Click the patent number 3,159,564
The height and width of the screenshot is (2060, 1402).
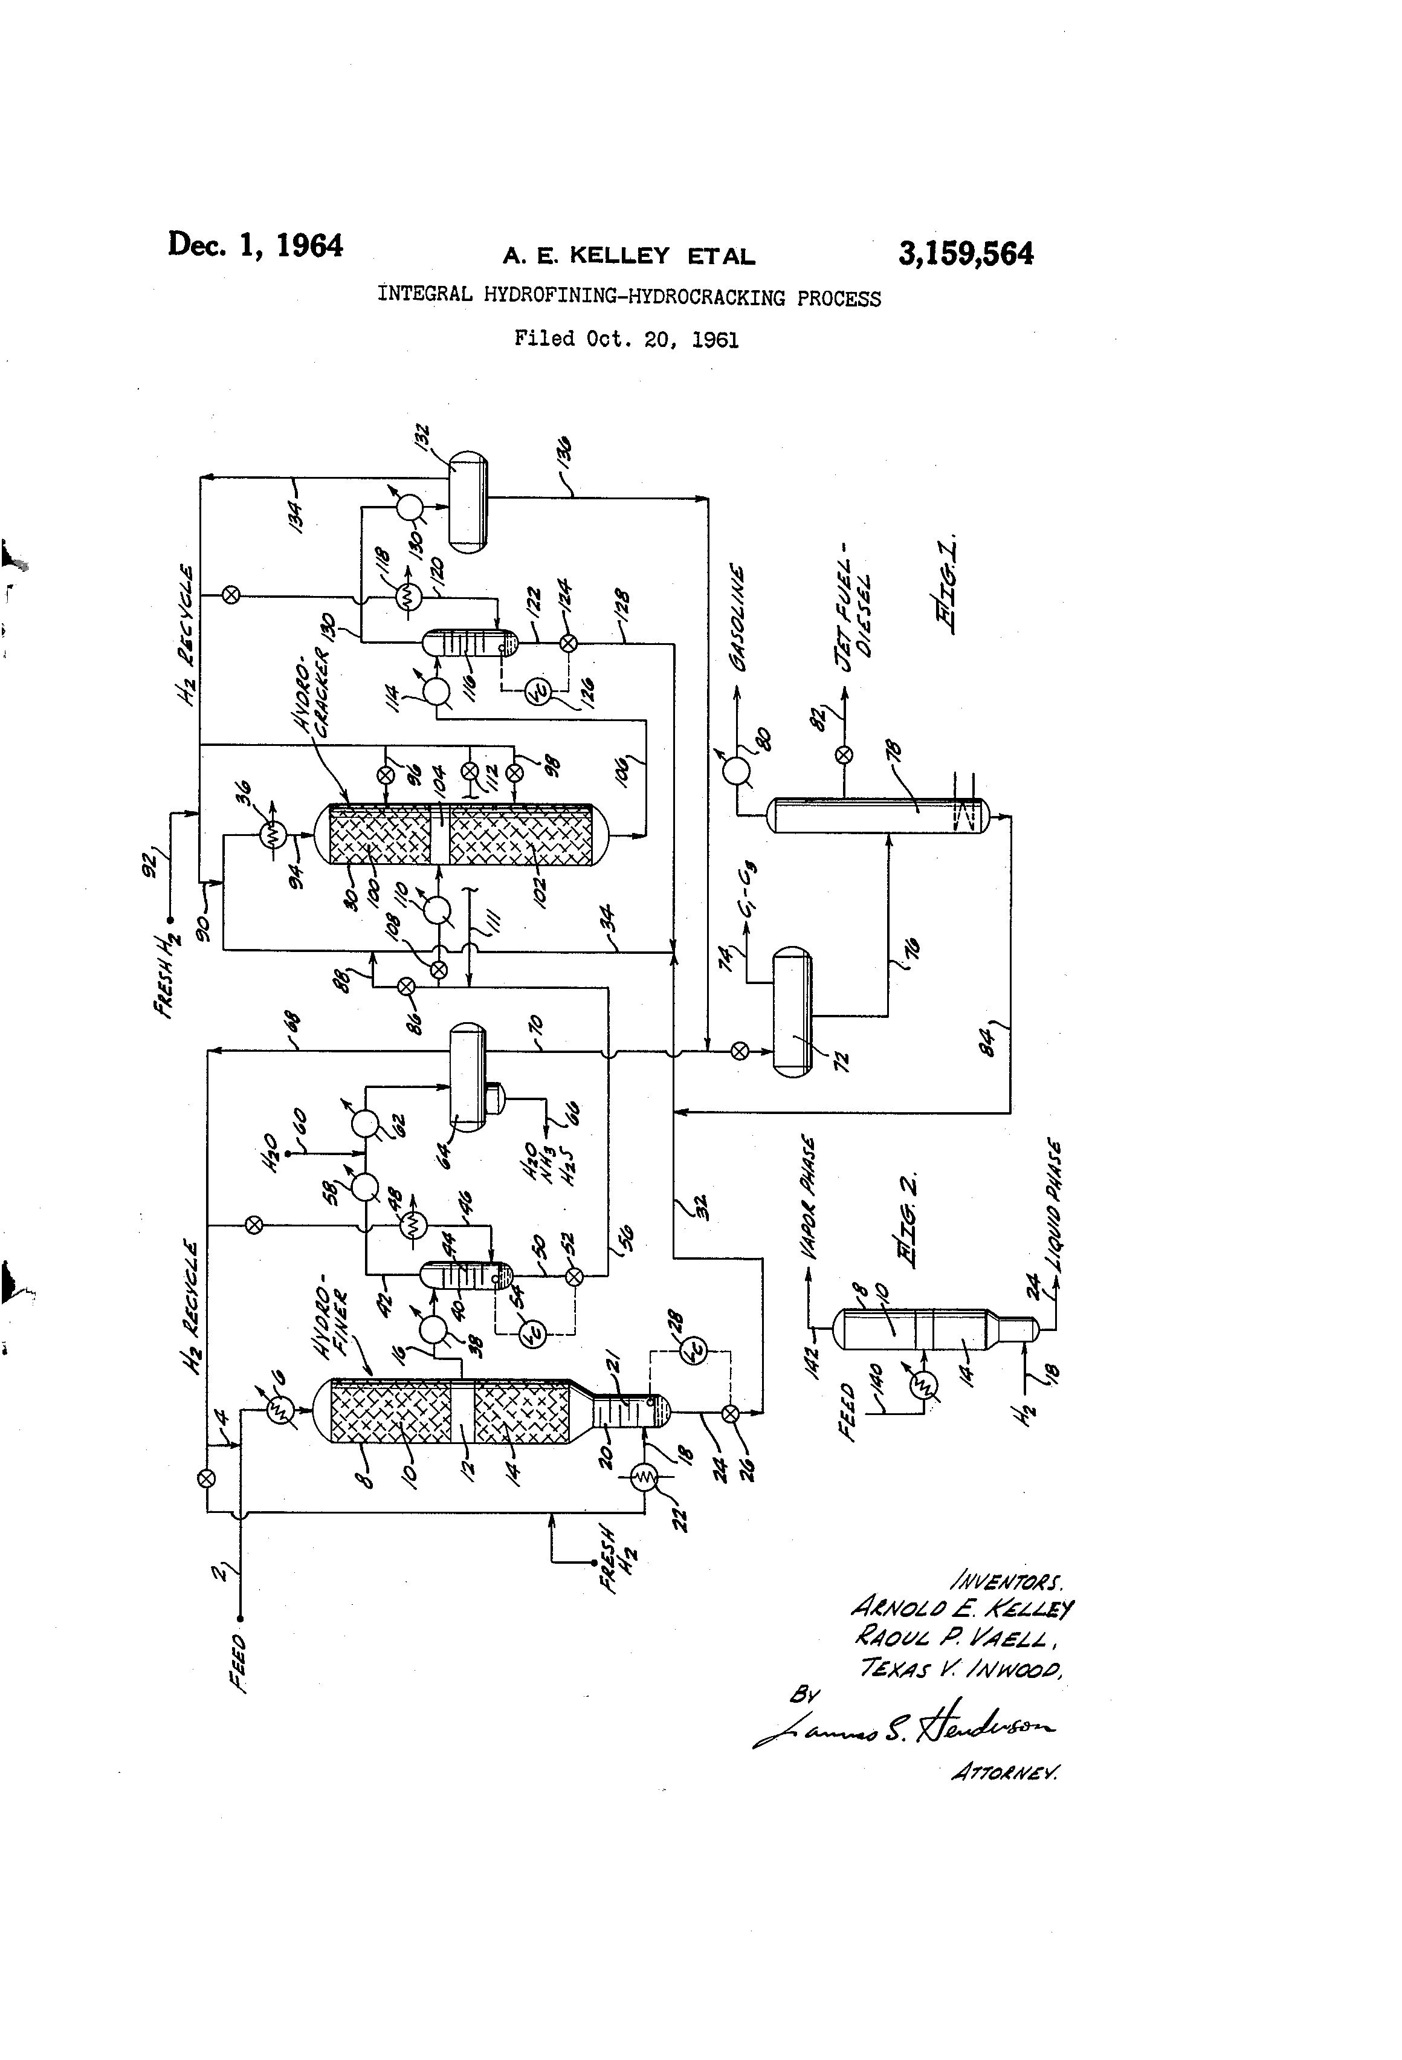pyautogui.click(x=965, y=254)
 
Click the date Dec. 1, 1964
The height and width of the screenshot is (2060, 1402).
pyautogui.click(x=255, y=245)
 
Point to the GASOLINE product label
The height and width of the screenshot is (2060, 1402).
pyautogui.click(x=737, y=618)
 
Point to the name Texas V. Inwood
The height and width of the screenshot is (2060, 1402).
pyautogui.click(x=961, y=1668)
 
